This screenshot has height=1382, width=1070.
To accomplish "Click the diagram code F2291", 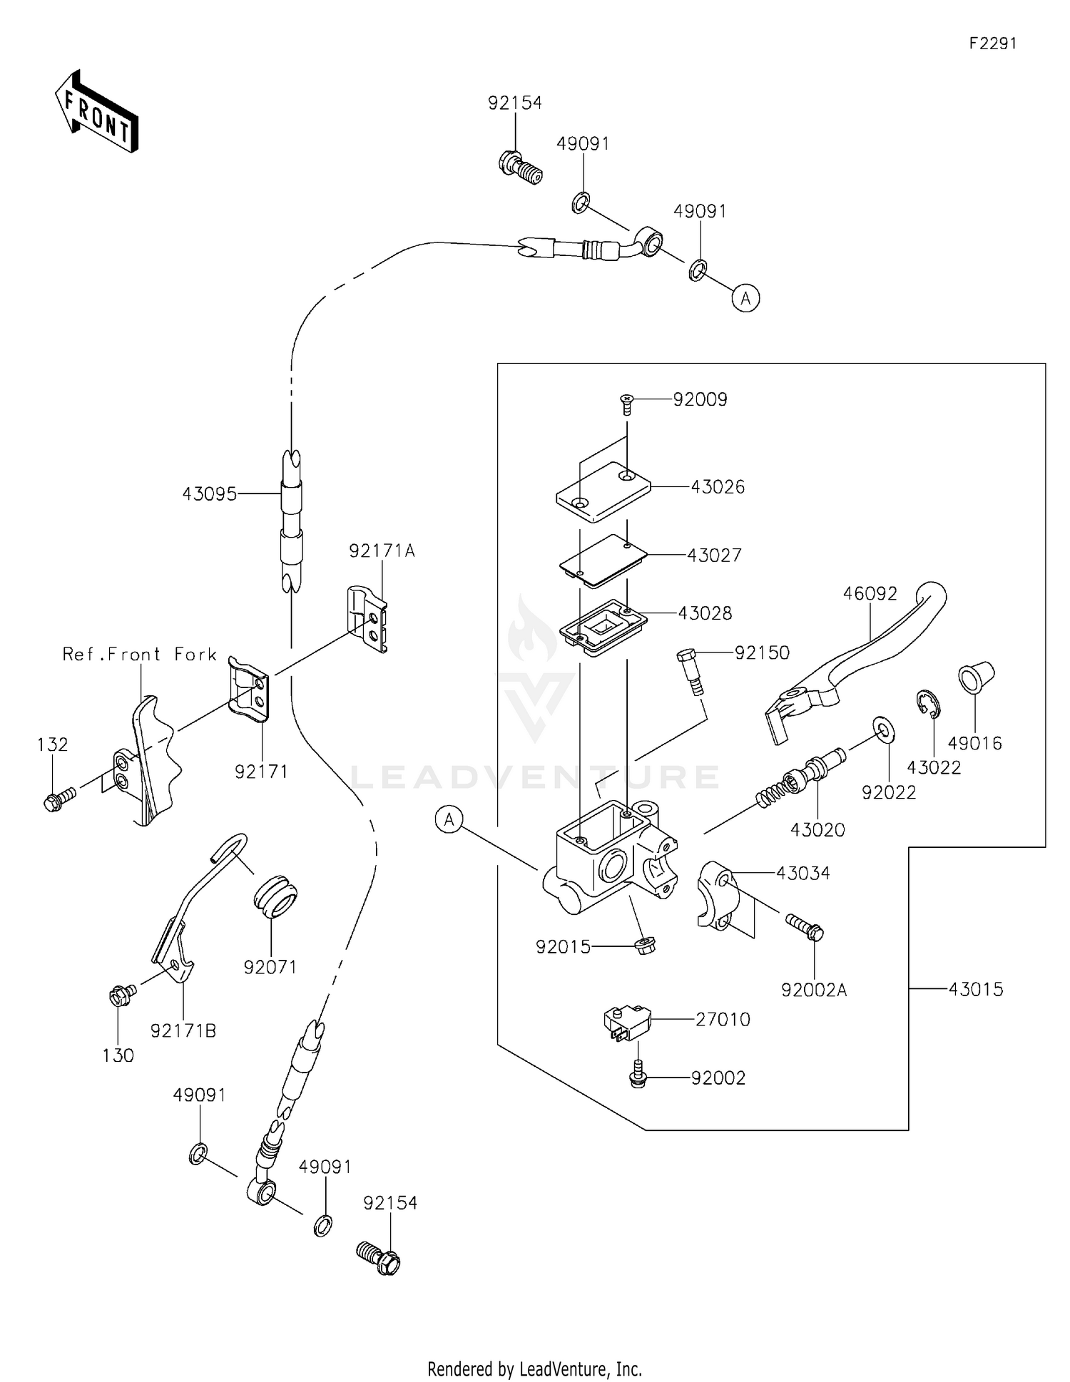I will pos(992,43).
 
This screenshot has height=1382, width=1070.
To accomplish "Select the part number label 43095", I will pos(209,493).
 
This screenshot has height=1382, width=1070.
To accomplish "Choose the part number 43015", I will pos(975,989).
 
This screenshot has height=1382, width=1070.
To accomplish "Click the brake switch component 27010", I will pos(624,1020).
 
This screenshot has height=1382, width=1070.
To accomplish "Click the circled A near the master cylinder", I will pos(449,820).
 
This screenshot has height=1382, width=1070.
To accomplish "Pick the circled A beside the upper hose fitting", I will pos(745,298).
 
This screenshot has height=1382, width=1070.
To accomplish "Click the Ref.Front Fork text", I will pos(140,654).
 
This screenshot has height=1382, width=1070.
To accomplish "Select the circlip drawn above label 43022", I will pos(928,704).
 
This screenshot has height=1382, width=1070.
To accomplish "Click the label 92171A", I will pos(382,551).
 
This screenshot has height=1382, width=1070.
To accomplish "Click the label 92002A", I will pos(813,990).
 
